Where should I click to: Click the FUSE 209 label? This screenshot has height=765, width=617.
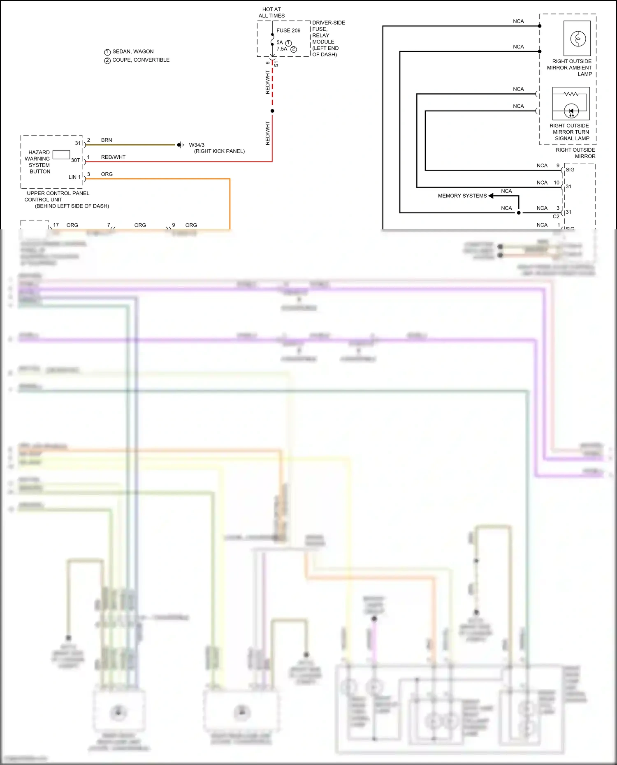(x=288, y=30)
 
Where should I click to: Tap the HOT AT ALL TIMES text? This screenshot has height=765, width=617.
(x=271, y=12)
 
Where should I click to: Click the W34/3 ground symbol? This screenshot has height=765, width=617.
(x=180, y=145)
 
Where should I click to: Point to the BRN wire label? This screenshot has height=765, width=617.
(x=107, y=140)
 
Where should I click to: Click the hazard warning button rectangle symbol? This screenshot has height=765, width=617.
(x=61, y=155)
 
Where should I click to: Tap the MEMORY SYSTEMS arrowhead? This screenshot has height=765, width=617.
(x=491, y=196)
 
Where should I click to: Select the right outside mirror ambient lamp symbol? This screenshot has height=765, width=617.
(x=578, y=39)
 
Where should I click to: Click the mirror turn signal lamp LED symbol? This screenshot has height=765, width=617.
(x=571, y=111)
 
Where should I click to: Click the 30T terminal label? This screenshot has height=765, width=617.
(x=75, y=160)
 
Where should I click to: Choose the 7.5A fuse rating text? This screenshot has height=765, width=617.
(x=282, y=49)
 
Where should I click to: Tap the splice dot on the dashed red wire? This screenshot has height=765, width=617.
(x=272, y=111)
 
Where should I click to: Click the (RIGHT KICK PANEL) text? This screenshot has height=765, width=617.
(x=219, y=151)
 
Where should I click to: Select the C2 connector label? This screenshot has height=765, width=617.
(x=556, y=216)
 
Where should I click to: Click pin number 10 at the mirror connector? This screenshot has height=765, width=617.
(x=556, y=183)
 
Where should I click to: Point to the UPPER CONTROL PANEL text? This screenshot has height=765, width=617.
(x=58, y=193)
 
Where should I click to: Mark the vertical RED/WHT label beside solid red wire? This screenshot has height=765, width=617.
(x=268, y=133)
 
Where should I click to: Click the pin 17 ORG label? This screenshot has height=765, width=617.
(x=72, y=225)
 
